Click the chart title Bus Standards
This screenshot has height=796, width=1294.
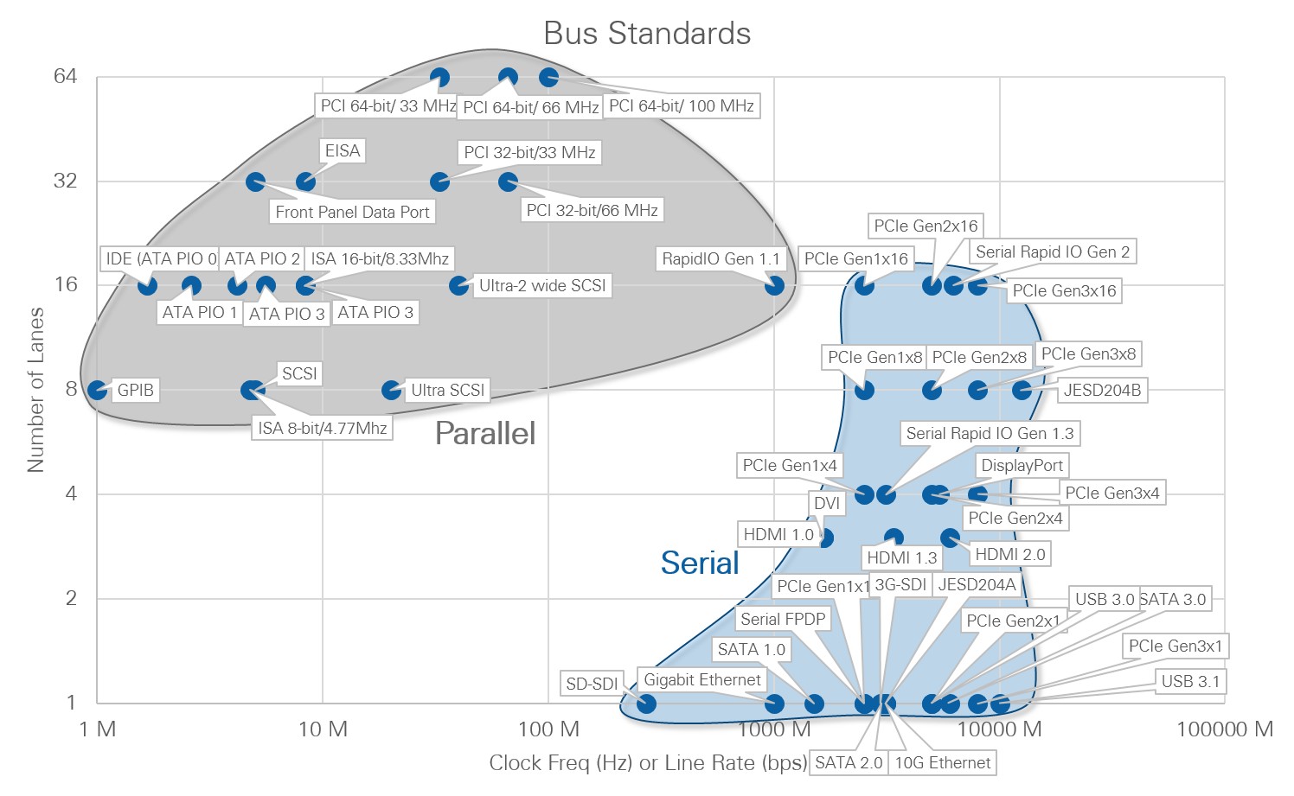pyautogui.click(x=647, y=33)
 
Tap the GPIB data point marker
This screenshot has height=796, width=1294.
pyautogui.click(x=98, y=390)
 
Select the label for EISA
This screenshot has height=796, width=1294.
pyautogui.click(x=342, y=150)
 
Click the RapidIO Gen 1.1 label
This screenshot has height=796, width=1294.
pyautogui.click(x=721, y=258)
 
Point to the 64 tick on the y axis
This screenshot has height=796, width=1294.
pyautogui.click(x=65, y=76)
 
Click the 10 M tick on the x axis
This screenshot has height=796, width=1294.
pyautogui.click(x=323, y=729)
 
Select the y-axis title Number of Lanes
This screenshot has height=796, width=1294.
pyautogui.click(x=35, y=390)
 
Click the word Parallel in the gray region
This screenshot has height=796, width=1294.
pyautogui.click(x=485, y=433)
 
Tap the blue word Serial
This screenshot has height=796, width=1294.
pyautogui.click(x=700, y=563)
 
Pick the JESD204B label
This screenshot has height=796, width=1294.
pyautogui.click(x=1102, y=390)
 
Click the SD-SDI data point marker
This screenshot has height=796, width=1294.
pyautogui.click(x=646, y=703)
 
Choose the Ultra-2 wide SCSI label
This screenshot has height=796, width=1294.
pyautogui.click(x=542, y=285)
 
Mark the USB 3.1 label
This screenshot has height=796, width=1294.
pyautogui.click(x=1190, y=681)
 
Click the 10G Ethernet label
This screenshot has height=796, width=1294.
pyautogui.click(x=942, y=762)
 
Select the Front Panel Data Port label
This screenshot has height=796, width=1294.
pyautogui.click(x=352, y=212)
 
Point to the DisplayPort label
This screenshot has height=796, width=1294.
pyautogui.click(x=1022, y=465)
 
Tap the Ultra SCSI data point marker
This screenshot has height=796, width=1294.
pyautogui.click(x=392, y=390)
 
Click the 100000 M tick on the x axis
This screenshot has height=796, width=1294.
pyautogui.click(x=1225, y=729)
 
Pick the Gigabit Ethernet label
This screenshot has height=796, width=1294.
pyautogui.click(x=702, y=679)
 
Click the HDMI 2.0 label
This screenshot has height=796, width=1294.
pyautogui.click(x=1009, y=554)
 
